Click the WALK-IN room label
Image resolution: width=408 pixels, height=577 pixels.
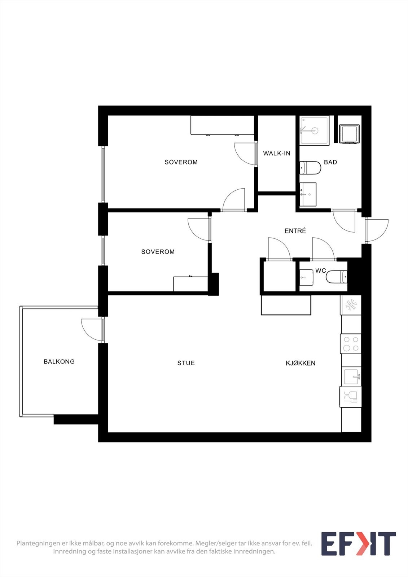point(277,153)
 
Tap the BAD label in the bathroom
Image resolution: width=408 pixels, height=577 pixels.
point(330,162)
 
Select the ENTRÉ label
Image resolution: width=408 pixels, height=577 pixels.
point(295,231)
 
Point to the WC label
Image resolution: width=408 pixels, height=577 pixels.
point(320,270)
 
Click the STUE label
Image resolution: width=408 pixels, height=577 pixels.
point(186,363)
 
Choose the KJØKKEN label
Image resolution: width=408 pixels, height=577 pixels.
point(300,363)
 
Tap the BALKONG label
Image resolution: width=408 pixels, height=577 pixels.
point(59,361)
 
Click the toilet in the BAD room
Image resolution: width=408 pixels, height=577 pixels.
point(310,168)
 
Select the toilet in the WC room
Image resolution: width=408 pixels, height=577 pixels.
point(337,277)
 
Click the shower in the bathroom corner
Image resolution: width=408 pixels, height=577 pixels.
point(314,131)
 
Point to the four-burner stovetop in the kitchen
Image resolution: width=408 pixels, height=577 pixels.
point(351,344)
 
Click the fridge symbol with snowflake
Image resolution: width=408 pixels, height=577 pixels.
point(351,305)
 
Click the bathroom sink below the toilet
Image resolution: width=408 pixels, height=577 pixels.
point(308,194)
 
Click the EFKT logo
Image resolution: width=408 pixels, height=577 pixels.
point(358,544)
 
